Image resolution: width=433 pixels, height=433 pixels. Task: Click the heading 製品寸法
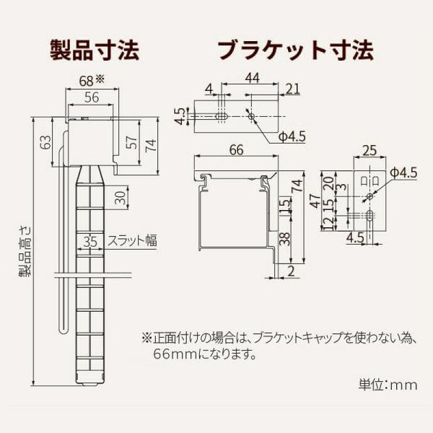point(94,51)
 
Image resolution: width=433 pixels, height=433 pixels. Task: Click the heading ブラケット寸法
point(295,51)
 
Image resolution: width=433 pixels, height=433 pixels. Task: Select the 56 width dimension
point(91,98)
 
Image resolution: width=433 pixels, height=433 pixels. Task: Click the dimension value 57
point(131,143)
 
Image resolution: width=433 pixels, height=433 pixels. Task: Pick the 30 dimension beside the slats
point(120,196)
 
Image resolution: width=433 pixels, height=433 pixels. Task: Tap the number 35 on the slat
point(90,241)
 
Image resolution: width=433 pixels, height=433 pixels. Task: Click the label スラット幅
point(132,241)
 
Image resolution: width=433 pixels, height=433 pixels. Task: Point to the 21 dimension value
point(292,89)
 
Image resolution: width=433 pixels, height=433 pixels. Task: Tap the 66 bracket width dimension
point(236,150)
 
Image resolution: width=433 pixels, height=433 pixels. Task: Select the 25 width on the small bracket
point(369,150)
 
